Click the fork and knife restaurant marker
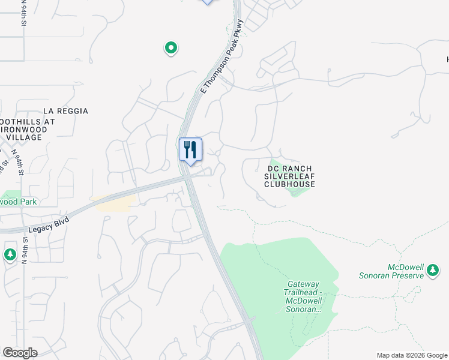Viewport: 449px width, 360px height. point(191,149)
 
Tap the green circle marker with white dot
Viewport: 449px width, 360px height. point(171,47)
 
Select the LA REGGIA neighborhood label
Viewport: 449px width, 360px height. point(66,111)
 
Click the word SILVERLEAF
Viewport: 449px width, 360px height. point(289,176)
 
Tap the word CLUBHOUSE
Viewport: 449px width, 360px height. point(289,184)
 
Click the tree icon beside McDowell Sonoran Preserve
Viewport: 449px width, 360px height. point(433,272)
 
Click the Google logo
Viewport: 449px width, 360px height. point(20,353)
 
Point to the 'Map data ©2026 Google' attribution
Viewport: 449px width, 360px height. point(411,355)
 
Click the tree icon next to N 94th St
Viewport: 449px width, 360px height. point(10,254)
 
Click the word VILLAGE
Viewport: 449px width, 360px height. point(24,137)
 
